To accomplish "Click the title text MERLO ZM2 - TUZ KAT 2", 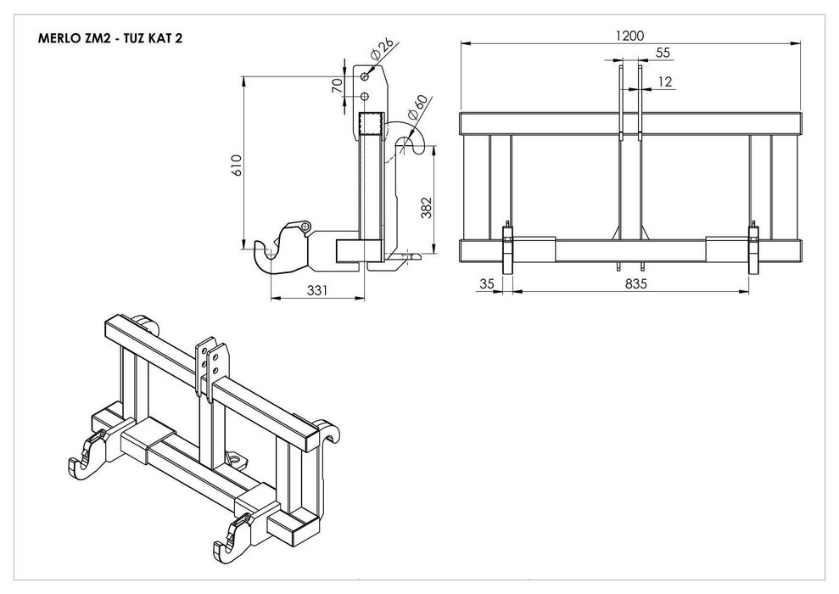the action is pos(110,38).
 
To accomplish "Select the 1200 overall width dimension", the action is pos(629,36).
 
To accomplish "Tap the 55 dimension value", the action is pos(663,53).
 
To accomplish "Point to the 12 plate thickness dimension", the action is pos(664,81).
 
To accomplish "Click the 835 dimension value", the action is pos(635,283).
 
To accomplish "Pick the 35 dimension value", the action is pos(486,283).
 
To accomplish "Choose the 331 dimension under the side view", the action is pos(316,290).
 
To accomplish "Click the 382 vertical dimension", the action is pos(427,208).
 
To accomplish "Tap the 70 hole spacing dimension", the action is pos(337,86).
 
